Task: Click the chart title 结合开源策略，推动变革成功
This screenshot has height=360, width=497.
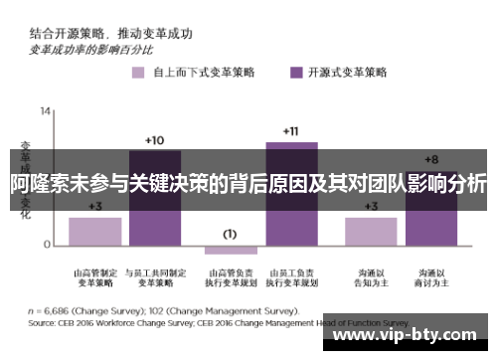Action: (x=109, y=33)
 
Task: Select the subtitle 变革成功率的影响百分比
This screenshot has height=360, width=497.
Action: (x=90, y=48)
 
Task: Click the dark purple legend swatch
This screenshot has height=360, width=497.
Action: (x=295, y=73)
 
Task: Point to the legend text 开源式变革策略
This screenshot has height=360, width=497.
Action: (x=349, y=73)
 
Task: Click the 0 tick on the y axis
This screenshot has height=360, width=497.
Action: (x=47, y=245)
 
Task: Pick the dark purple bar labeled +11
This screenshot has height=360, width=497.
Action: (x=290, y=193)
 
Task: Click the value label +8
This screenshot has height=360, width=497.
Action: (x=430, y=159)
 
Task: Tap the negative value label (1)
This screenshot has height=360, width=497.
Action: (x=230, y=234)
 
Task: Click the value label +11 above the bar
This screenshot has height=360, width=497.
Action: (x=290, y=131)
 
